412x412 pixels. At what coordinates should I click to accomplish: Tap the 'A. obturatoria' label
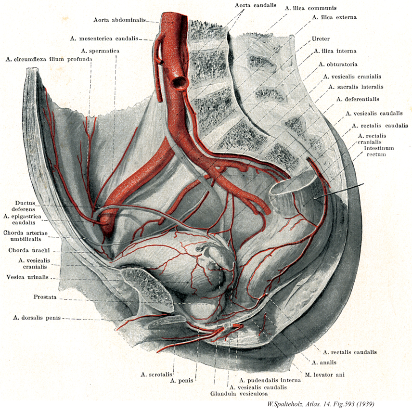pos(337,64)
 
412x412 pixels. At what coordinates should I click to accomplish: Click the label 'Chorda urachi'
pos(26,250)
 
